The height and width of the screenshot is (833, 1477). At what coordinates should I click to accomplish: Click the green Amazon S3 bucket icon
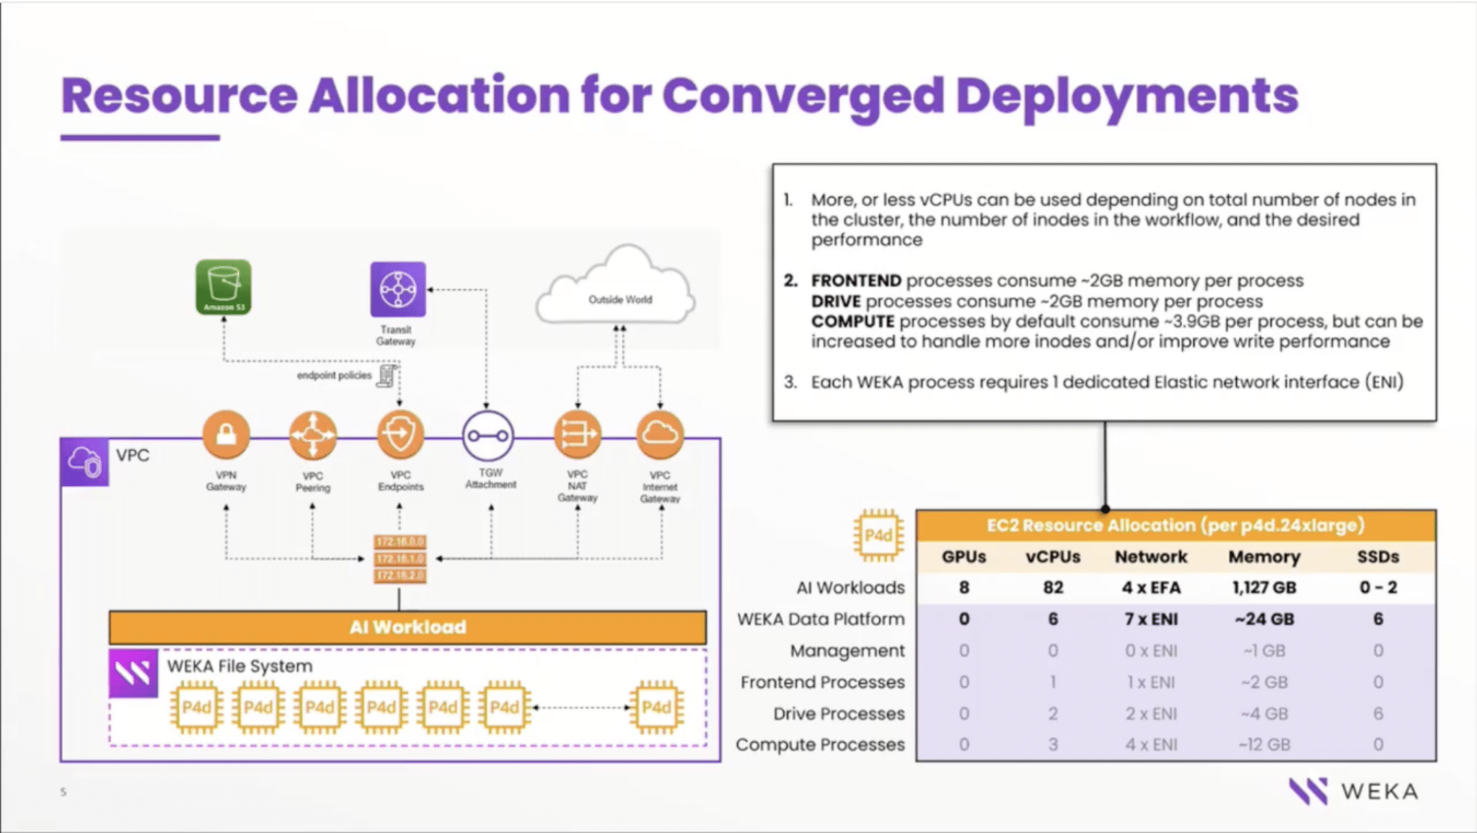pos(224,287)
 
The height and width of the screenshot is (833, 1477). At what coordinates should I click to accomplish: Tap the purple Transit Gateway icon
pos(397,289)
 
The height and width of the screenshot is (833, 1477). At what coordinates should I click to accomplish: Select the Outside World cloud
pos(617,292)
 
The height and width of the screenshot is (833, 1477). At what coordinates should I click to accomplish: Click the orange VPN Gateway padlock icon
pos(226,435)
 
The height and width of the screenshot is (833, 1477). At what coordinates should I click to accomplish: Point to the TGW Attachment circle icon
pos(488,436)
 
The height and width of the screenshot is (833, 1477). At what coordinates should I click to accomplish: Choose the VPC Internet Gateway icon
pos(659,434)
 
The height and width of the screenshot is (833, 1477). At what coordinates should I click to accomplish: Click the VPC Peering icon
pos(312,435)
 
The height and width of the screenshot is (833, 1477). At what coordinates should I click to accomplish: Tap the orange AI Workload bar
pos(407,627)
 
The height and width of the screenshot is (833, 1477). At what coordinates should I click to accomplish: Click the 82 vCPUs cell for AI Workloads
pos(1053,588)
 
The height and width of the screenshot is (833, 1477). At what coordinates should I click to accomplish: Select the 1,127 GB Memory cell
pos(1264,588)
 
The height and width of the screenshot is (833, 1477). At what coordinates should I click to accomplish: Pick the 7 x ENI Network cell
pos(1151,619)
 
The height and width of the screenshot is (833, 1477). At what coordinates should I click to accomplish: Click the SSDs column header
pos(1377,557)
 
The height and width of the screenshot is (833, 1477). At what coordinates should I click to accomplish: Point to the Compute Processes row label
pos(820,745)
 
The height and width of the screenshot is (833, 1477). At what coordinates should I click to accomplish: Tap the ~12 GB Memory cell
pos(1264,745)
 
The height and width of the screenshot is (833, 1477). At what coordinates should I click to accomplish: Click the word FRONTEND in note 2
pos(856,281)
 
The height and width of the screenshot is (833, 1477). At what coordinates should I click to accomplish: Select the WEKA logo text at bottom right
pos(1379,792)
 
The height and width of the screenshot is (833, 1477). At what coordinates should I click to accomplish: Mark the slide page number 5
pos(63,792)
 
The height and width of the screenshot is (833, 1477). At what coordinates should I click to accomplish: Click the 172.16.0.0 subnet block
pos(400,542)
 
